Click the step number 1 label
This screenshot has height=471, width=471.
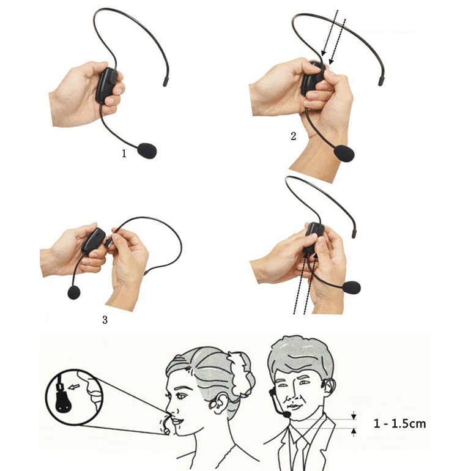pyautogui.click(x=124, y=154)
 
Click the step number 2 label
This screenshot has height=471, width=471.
pyautogui.click(x=294, y=136)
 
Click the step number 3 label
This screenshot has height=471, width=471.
pyautogui.click(x=105, y=320)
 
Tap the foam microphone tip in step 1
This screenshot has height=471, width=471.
pyautogui.click(x=147, y=150)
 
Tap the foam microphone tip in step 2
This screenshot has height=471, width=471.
pyautogui.click(x=344, y=154)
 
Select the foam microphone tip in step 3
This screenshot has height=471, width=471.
pyautogui.click(x=74, y=292)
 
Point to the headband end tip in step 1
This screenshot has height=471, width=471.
pyautogui.click(x=165, y=82)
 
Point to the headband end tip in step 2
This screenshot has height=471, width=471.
pyautogui.click(x=381, y=81)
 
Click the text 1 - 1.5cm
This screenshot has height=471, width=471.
pyautogui.click(x=400, y=423)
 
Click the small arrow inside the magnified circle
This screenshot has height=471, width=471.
pyautogui.click(x=74, y=387)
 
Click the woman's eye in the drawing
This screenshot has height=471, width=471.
pyautogui.click(x=181, y=396)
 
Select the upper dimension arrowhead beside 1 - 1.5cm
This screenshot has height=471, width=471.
pyautogui.click(x=354, y=417)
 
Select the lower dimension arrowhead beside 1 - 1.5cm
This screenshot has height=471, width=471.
pyautogui.click(x=354, y=431)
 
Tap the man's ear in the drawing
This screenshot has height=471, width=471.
pyautogui.click(x=329, y=387)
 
